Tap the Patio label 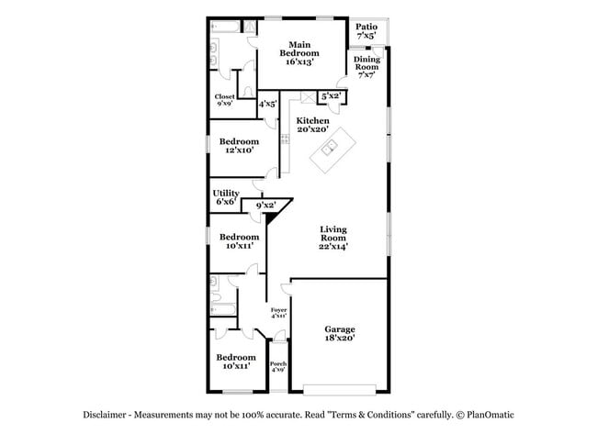[x=366, y=31]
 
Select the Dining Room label [x=366, y=68]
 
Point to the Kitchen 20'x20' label [x=312, y=125]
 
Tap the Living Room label [x=333, y=237]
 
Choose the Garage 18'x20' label [x=340, y=334]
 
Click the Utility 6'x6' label [x=226, y=197]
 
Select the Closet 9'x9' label [x=224, y=100]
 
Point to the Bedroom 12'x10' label [x=239, y=146]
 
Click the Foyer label [x=278, y=313]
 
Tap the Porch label [x=278, y=367]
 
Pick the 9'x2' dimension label [x=265, y=206]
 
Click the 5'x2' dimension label [x=332, y=95]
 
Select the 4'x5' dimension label [x=267, y=105]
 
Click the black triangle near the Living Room [x=272, y=218]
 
